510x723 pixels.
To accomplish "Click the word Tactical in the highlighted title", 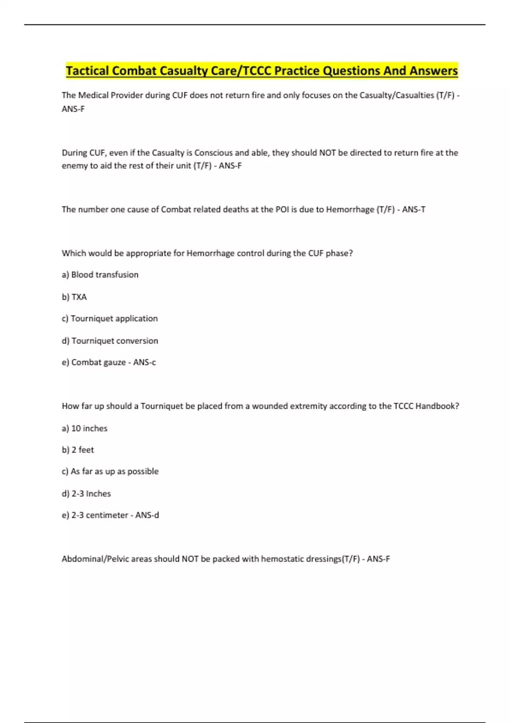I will tap(87, 71).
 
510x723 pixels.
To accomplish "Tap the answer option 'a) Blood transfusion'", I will tap(100, 275).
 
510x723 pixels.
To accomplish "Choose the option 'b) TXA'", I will tap(74, 297).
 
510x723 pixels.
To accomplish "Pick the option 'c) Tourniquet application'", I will tap(110, 319).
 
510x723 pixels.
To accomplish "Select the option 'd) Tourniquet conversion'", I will tap(110, 341).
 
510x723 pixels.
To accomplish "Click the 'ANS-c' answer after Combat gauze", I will tap(144, 362).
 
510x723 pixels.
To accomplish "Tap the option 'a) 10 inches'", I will tap(85, 428).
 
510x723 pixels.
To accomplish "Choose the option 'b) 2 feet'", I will tap(78, 450).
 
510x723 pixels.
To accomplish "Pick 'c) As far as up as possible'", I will tap(110, 472).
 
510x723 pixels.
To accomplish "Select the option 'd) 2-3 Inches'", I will tap(86, 494).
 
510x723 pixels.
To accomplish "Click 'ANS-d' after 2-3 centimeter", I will tap(147, 515).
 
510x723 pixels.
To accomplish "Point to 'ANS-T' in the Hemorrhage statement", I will tap(414, 209).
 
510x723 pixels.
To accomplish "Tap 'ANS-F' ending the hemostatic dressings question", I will tap(378, 559).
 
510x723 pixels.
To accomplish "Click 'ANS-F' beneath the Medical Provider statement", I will tap(73, 109).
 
